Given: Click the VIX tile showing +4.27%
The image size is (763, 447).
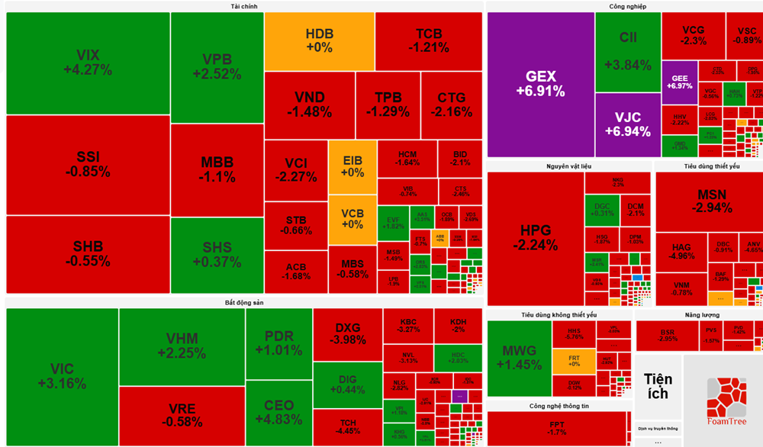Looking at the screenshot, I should [88, 63].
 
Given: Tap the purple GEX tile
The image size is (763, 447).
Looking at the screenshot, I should [540, 84].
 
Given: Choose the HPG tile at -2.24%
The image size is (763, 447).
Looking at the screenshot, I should [535, 238].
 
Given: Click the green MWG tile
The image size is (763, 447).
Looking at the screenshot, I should [519, 358].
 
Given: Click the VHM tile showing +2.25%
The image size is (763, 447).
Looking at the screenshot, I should [182, 346].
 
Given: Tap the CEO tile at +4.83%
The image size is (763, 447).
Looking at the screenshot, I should [278, 412].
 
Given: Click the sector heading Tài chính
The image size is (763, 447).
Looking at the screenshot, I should [243, 6].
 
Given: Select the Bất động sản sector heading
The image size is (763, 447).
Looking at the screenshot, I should [243, 303].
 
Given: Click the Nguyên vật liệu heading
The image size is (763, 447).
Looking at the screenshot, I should [568, 166].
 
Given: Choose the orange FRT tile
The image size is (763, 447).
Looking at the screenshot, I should [574, 361].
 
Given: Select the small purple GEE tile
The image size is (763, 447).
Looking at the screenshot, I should [679, 82].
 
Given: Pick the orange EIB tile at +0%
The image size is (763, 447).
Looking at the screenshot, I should [353, 167].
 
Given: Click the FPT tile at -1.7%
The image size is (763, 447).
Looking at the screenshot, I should [558, 427].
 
